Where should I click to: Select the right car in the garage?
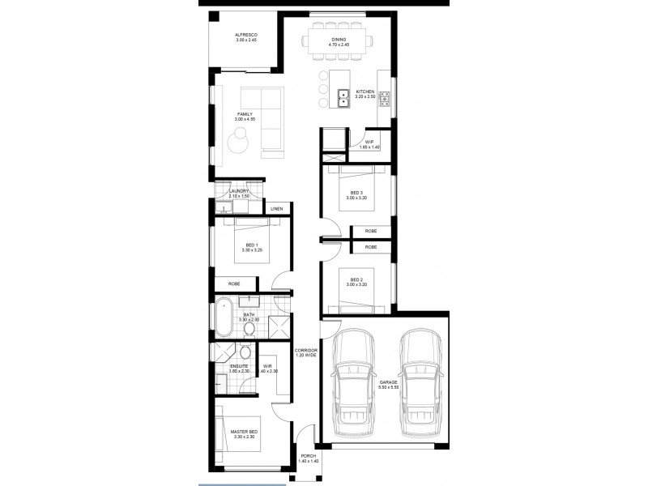[x=417, y=382]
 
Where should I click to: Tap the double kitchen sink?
[x=343, y=99]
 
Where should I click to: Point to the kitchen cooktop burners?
[x=385, y=99]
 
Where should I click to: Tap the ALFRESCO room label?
[x=246, y=35]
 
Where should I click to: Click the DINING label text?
[x=339, y=39]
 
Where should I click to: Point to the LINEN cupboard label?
[x=277, y=209]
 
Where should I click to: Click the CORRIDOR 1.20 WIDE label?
[x=305, y=352]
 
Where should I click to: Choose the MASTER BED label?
[x=243, y=433]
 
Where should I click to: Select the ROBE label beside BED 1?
[x=234, y=283]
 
